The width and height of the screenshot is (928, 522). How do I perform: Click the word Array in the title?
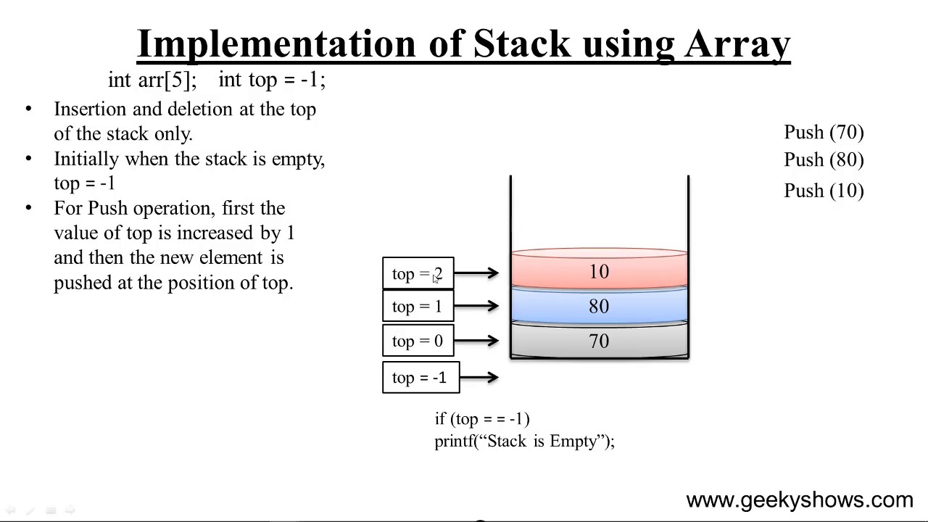pos(737,45)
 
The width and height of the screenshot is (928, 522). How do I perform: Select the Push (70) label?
pos(824,133)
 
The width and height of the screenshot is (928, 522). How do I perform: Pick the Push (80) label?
pos(824,160)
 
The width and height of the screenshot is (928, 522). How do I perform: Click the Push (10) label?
pos(824,191)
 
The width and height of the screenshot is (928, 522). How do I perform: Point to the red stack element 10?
pos(599,272)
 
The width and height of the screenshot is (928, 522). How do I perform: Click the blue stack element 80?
pos(599,306)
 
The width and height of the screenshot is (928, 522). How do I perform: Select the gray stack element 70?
pos(599,341)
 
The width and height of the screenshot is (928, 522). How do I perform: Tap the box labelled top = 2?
pos(418,273)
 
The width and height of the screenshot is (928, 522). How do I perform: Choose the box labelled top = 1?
pos(418,306)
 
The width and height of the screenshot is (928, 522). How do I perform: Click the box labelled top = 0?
pos(418,341)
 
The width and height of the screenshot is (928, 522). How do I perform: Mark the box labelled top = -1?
pos(420,377)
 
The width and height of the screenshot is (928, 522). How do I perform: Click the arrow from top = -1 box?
pos(479,377)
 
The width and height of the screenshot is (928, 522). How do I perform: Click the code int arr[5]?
pos(152,80)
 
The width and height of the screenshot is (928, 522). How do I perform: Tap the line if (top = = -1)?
pos(482,419)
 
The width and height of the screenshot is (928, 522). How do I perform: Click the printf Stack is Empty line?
pos(524,442)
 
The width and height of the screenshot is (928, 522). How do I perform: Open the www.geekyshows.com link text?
pos(799,500)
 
